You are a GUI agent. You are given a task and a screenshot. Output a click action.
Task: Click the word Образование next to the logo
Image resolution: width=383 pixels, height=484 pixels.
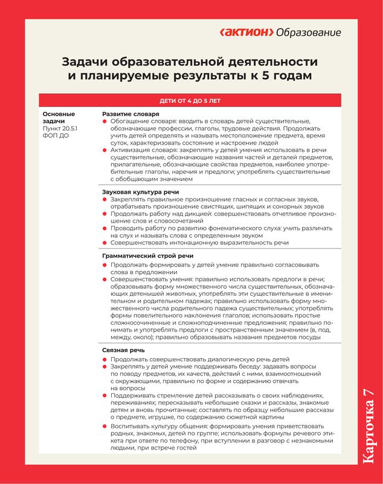pyautogui.click(x=308, y=32)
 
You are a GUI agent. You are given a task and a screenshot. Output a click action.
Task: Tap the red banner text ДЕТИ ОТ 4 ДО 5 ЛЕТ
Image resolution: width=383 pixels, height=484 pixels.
pyautogui.click(x=191, y=100)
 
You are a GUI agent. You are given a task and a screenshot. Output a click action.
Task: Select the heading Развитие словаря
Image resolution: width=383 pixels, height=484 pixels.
pyautogui.click(x=130, y=114)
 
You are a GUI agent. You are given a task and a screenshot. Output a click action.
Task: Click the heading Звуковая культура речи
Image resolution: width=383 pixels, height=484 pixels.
pyautogui.click(x=140, y=191)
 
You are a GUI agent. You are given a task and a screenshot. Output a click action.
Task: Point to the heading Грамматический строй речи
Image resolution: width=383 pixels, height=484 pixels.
pyautogui.click(x=147, y=256)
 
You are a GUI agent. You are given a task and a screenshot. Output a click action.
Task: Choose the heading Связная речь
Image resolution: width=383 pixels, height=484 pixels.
pyautogui.click(x=124, y=350)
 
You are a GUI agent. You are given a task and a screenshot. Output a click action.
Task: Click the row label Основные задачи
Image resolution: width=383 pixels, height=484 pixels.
pyautogui.click(x=59, y=117)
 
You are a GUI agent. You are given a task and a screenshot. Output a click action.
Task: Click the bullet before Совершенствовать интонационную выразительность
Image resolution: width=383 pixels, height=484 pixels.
pyautogui.click(x=105, y=243)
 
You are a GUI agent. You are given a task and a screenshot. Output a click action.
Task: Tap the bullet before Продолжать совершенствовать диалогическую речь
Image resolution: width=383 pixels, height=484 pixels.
pyautogui.click(x=105, y=359)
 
